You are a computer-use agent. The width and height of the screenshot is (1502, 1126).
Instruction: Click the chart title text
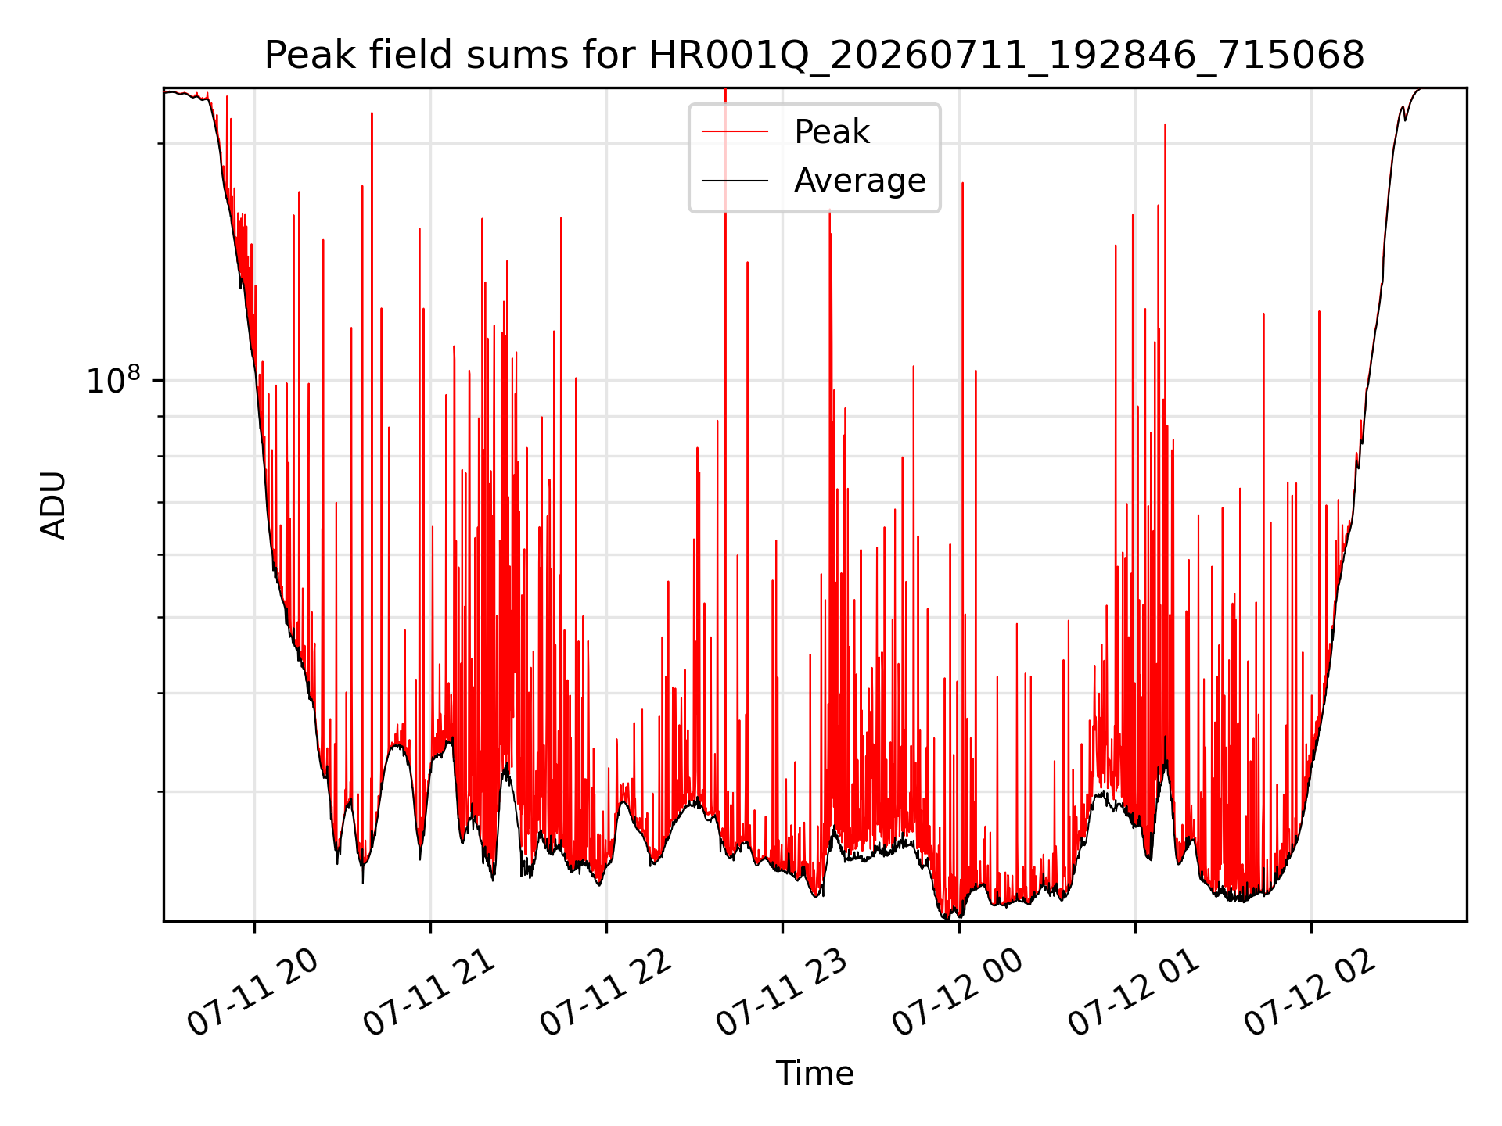click(x=814, y=56)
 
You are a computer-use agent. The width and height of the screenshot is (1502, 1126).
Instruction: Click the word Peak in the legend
click(x=832, y=132)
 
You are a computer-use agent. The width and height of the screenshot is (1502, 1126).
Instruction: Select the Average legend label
click(x=860, y=181)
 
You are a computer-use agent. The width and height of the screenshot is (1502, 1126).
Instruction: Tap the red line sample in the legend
click(x=735, y=132)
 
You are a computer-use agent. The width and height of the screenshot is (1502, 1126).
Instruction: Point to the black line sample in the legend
click(x=735, y=181)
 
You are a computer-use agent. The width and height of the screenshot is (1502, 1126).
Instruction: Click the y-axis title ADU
click(x=53, y=504)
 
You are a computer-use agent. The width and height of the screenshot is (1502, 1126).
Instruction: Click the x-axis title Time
click(x=814, y=1073)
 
